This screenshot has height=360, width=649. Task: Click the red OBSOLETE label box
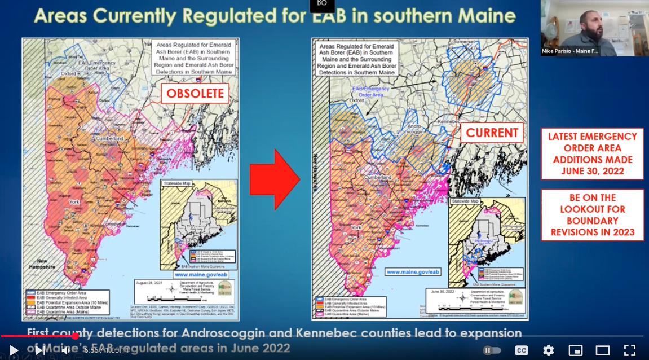(x=195, y=94)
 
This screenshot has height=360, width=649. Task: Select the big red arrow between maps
(x=275, y=179)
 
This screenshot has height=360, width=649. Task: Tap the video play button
(x=14, y=350)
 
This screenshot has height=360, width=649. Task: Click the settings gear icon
(x=548, y=350)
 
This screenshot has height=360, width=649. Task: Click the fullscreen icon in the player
(x=630, y=350)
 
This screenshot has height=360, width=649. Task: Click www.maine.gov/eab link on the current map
(x=412, y=272)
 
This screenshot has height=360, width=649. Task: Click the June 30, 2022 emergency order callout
(x=592, y=153)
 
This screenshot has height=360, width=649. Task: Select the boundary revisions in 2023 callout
(x=592, y=214)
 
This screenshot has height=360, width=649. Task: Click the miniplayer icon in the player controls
(x=575, y=350)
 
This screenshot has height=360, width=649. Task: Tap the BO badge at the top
(x=322, y=5)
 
